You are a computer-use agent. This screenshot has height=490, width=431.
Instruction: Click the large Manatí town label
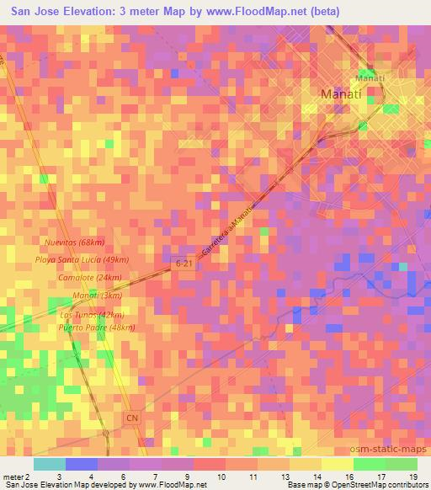click(x=341, y=95)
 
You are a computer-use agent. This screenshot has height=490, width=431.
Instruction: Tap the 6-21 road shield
click(x=184, y=264)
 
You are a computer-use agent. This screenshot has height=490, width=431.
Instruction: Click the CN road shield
click(x=130, y=417)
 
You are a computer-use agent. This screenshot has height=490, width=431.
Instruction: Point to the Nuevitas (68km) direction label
click(x=70, y=242)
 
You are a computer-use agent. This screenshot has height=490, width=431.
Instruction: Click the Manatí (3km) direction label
click(x=98, y=296)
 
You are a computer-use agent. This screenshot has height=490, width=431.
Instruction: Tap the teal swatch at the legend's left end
click(x=49, y=464)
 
